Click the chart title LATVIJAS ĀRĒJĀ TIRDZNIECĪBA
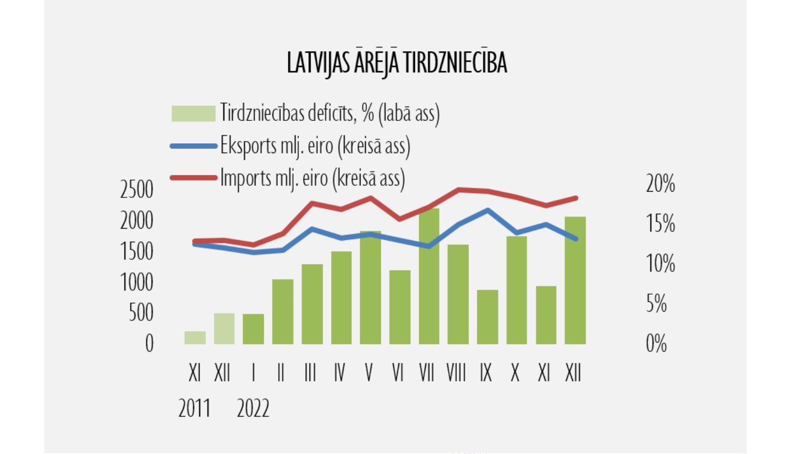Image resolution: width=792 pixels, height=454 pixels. click(397, 63)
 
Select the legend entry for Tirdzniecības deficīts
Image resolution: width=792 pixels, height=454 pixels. click(329, 113)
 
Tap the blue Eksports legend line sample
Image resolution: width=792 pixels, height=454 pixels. click(193, 146)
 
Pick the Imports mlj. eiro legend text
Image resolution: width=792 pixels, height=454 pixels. click(313, 178)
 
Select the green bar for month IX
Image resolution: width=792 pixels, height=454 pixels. click(487, 317)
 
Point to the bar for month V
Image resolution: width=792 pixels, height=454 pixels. click(370, 288)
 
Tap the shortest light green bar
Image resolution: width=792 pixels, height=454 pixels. click(195, 338)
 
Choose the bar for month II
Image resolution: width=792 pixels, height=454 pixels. click(282, 311)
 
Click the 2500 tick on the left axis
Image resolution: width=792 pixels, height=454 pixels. click(137, 190)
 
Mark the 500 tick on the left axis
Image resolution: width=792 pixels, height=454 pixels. click(141, 313)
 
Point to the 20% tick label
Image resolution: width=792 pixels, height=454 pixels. click(660, 184)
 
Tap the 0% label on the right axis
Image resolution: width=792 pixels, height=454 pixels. click(656, 344)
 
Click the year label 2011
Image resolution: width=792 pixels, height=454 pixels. click(194, 409)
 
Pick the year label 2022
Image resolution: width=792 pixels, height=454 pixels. click(253, 409)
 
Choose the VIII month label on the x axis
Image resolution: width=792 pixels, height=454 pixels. click(456, 373)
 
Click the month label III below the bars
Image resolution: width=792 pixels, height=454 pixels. click(310, 373)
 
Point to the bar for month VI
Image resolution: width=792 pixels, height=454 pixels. click(400, 307)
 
